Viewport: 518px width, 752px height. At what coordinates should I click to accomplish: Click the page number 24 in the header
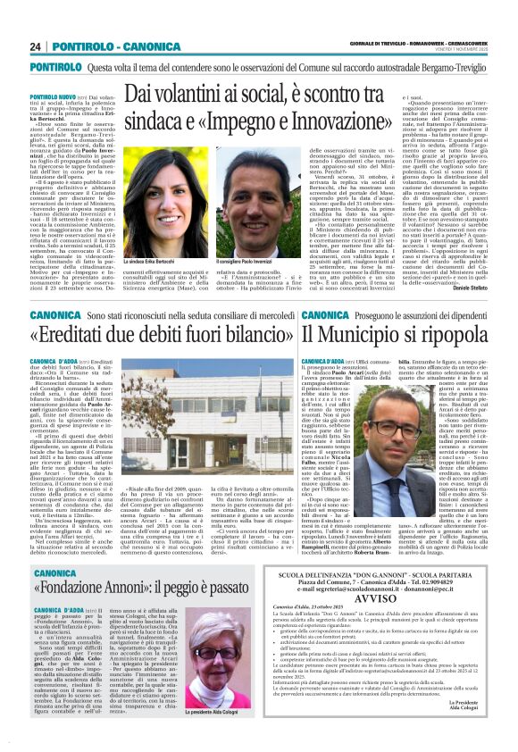[38, 46]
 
